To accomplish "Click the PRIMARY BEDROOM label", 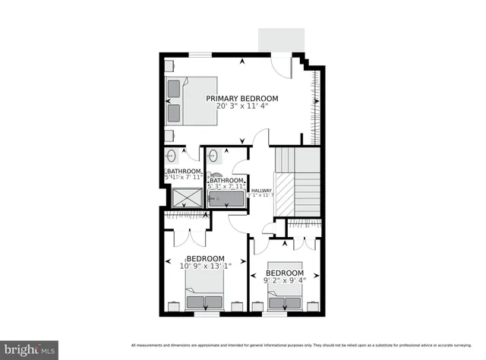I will click(x=242, y=99).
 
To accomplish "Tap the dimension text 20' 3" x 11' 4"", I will click(x=242, y=108).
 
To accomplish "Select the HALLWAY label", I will click(x=261, y=191).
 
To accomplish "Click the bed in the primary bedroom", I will click(x=192, y=100).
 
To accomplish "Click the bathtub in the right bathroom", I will click(x=227, y=199).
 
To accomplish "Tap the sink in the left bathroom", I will click(x=172, y=156).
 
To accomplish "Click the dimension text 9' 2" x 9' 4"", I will click(x=285, y=282).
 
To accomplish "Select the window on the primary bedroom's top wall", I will click(x=200, y=55).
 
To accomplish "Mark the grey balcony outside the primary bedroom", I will click(x=281, y=40).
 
